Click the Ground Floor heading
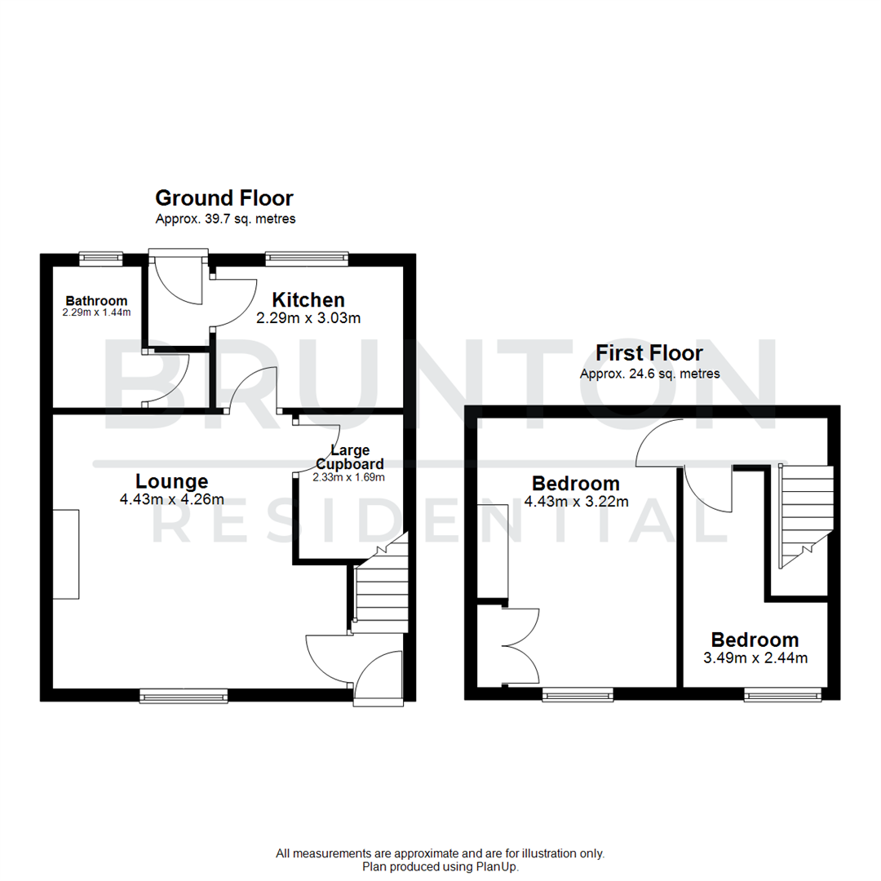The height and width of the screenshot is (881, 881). [224, 198]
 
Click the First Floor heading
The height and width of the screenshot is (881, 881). [649, 353]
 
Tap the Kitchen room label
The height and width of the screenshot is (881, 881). [308, 300]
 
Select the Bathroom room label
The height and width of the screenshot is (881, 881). [96, 301]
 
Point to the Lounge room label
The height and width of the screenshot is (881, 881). [171, 481]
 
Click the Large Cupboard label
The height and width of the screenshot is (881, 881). [350, 457]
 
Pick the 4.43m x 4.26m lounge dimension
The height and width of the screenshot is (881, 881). [171, 500]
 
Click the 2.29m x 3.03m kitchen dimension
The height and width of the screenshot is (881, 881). [308, 318]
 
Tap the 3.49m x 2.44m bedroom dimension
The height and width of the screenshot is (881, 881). [755, 657]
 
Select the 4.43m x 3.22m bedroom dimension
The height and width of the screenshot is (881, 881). [576, 502]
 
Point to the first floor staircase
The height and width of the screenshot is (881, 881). [806, 514]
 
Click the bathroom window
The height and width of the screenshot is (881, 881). [100, 259]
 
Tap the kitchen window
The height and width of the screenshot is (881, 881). [307, 259]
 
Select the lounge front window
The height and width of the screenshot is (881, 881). [184, 695]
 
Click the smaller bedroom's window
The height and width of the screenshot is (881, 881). [782, 695]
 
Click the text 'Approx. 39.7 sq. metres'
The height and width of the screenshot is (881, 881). [225, 219]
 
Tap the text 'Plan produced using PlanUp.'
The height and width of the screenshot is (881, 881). [440, 866]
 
